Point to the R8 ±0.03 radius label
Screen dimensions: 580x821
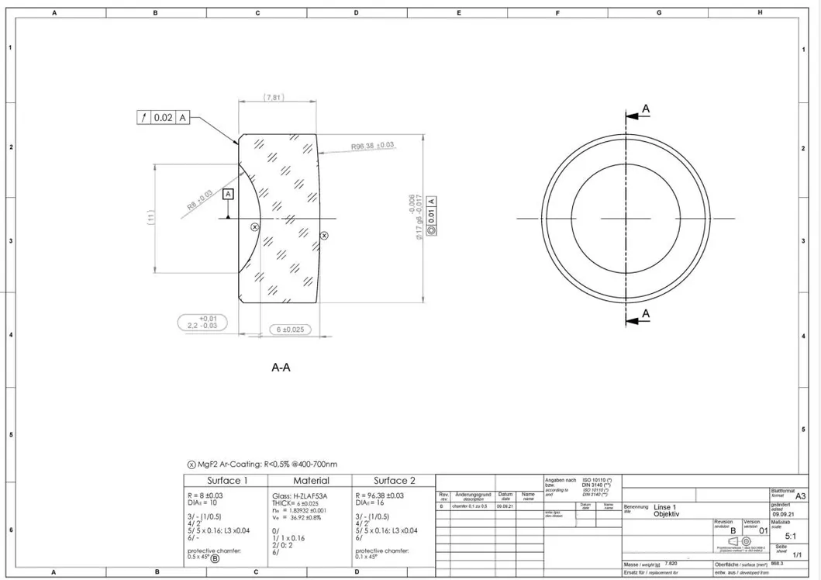tap(199, 199)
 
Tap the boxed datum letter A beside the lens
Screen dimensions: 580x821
tap(228, 194)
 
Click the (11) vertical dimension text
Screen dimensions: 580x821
tap(151, 219)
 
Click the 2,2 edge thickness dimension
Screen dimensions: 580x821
tap(202, 323)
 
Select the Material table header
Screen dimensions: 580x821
tap(310, 481)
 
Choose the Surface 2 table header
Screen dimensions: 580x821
tap(395, 481)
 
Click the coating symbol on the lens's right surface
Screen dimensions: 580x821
tap(324, 235)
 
